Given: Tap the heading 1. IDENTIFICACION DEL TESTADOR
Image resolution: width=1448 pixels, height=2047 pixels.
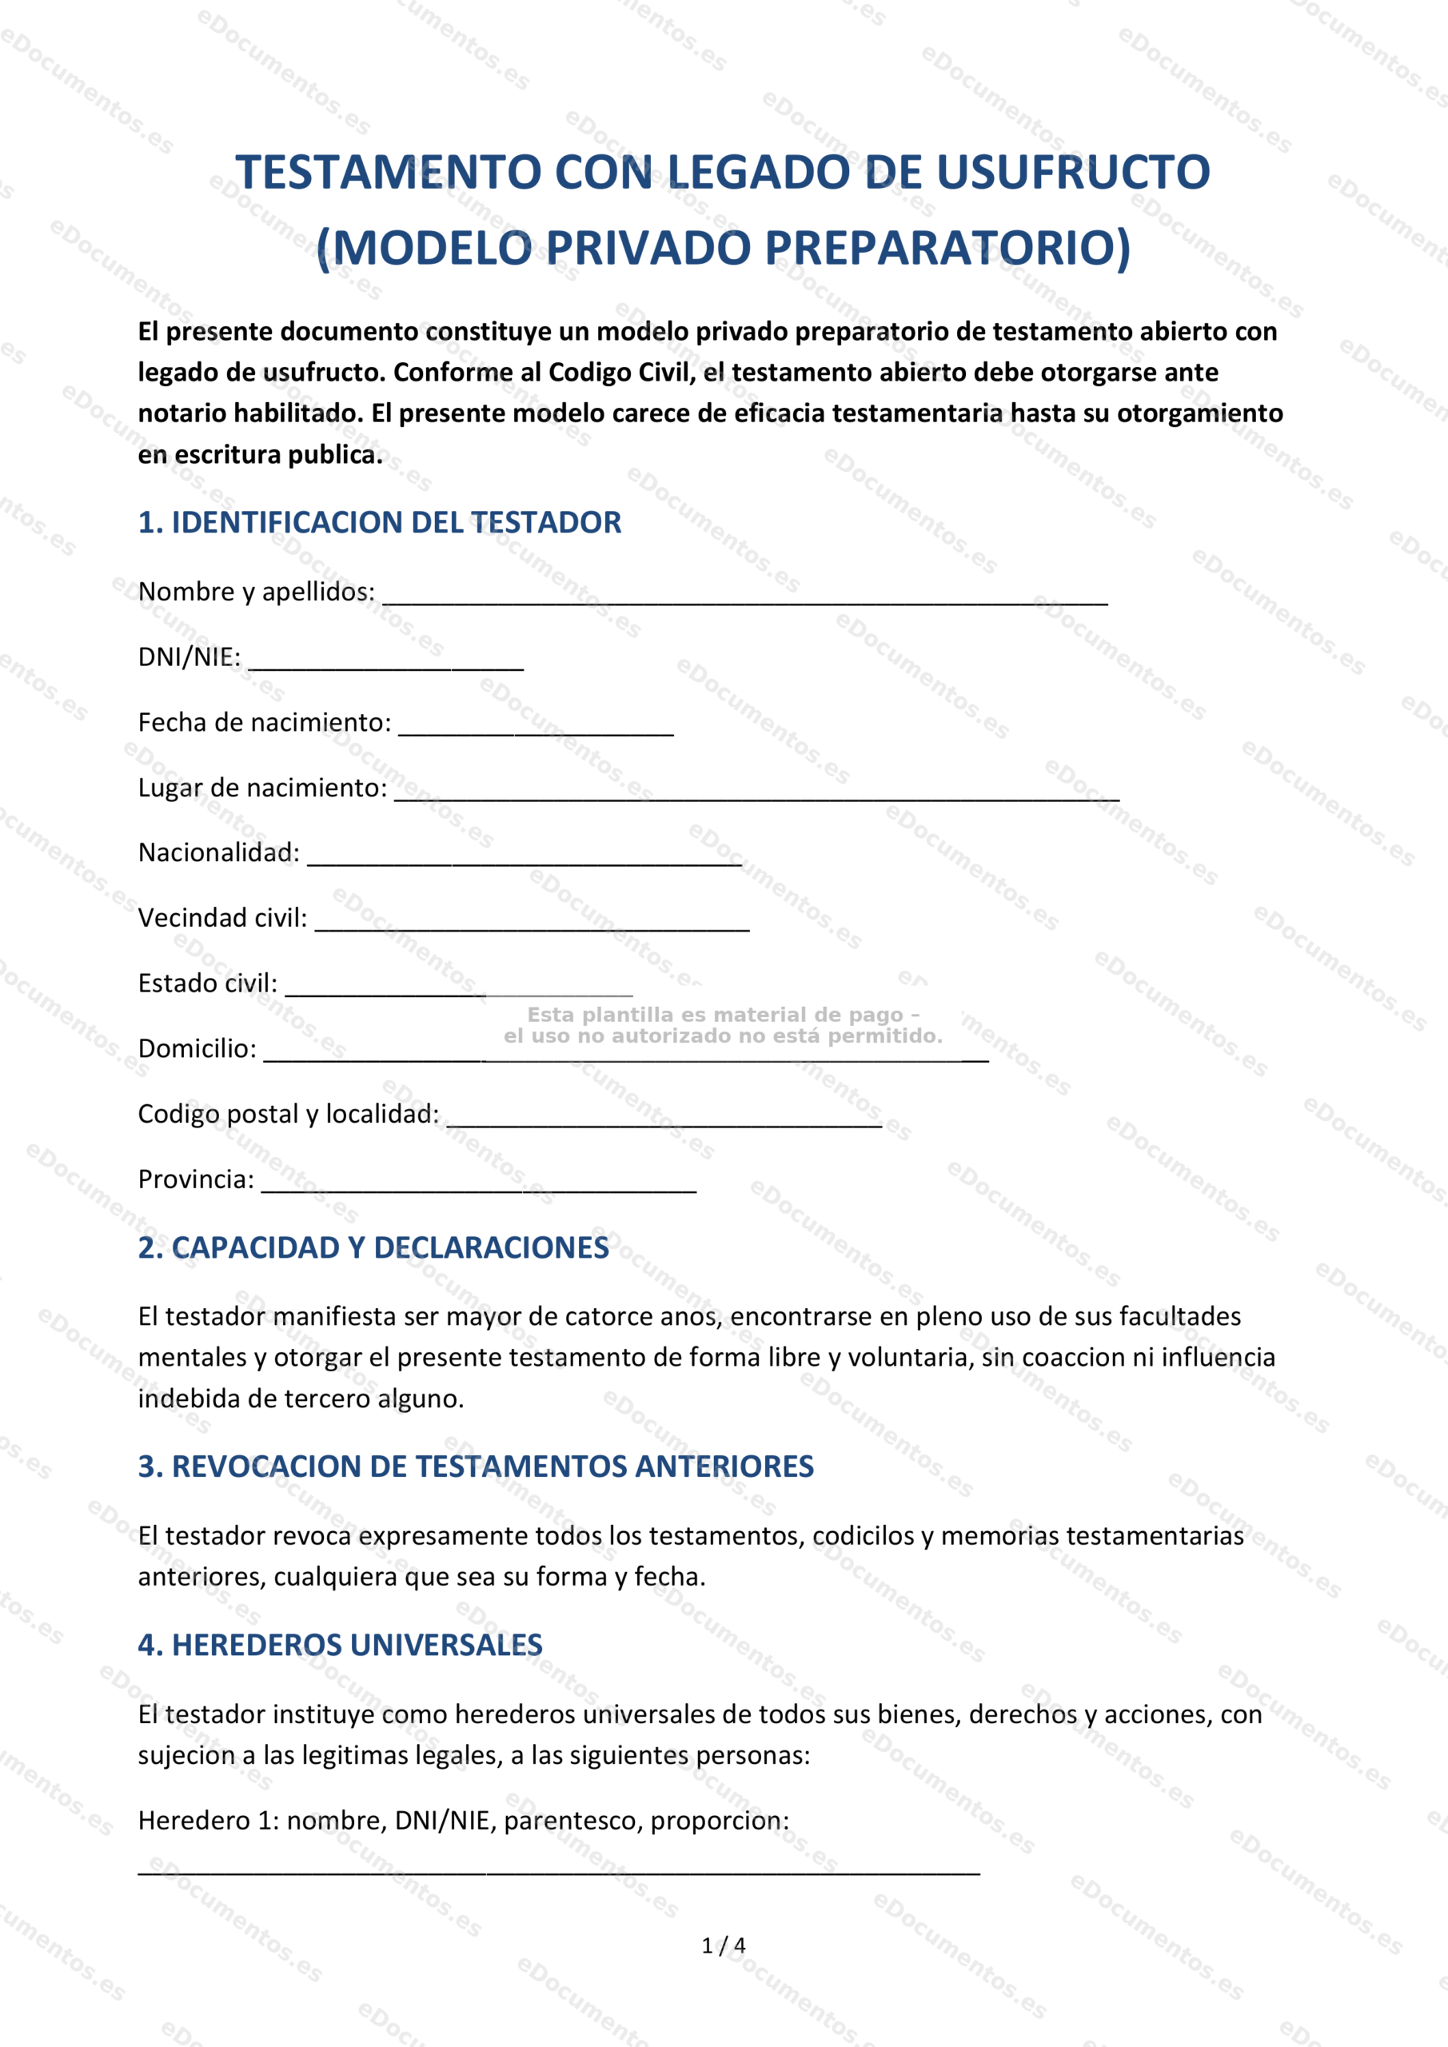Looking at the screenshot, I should [379, 522].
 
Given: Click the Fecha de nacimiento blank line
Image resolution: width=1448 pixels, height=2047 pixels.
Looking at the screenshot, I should [535, 728].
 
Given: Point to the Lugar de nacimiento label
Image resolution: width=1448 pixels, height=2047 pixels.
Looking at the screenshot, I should [262, 788].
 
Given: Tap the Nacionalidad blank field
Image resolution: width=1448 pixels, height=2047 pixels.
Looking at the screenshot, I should [525, 858].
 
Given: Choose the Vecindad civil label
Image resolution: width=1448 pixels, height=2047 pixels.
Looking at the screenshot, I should [222, 918].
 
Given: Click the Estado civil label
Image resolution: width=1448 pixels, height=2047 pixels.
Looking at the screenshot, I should [207, 984].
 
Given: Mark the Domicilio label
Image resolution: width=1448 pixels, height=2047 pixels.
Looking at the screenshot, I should [197, 1048].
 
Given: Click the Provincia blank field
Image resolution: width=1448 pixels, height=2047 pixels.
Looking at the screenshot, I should [478, 1185].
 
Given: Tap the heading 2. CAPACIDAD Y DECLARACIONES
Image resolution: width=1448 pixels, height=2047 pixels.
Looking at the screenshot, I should [373, 1248].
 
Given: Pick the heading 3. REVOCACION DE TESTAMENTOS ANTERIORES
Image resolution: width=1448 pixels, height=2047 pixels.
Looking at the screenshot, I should [475, 1466].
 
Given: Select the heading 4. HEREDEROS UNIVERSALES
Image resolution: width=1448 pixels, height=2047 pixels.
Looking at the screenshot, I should [340, 1645].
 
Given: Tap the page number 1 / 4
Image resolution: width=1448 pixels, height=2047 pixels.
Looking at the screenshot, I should [723, 1945].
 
